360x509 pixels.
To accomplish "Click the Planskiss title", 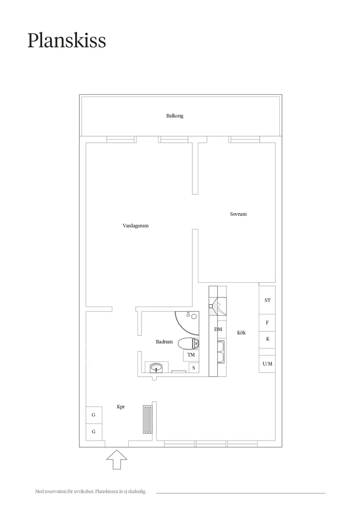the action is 66,40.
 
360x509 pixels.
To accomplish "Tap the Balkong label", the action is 175,116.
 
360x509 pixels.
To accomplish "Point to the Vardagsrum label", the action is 135,226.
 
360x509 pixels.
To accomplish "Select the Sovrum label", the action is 238,214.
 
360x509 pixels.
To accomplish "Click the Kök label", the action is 241,333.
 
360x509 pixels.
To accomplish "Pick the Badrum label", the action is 164,342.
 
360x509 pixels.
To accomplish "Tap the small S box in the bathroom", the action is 194,368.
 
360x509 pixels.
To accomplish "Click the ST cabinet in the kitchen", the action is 267,300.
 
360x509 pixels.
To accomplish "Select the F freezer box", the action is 267,323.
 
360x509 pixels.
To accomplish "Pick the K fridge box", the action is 267,340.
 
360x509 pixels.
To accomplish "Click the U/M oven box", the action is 267,364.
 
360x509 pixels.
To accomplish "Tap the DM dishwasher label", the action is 218,329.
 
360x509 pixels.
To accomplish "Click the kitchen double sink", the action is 221,352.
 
